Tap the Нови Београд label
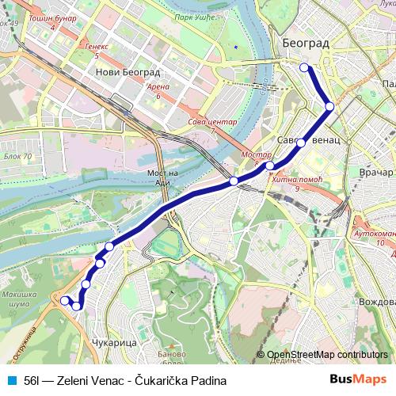[x=124, y=71]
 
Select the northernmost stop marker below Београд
[x=304, y=68]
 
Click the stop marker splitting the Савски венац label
[x=301, y=143]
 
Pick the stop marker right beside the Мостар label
[x=270, y=166]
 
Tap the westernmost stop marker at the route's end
[x=64, y=300]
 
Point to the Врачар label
[x=375, y=172]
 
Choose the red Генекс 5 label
[x=97, y=51]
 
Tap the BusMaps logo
[x=357, y=380]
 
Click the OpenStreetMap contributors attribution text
[x=327, y=355]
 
